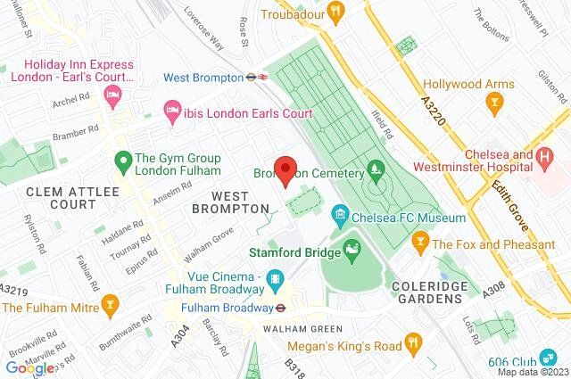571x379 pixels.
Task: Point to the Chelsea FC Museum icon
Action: point(339,217)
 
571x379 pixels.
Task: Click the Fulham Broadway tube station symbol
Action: point(280,307)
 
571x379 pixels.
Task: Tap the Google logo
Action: point(29,367)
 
